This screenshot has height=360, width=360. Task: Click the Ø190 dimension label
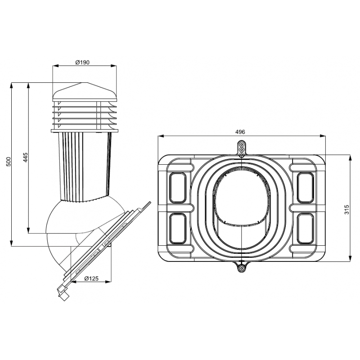tap(82, 62)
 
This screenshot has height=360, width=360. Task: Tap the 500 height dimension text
tap(8, 162)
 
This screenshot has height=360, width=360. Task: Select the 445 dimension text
tap(25, 157)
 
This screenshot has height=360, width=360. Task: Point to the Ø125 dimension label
tap(91, 279)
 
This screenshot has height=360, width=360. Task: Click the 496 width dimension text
tap(240, 132)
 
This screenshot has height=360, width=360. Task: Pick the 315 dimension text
tap(346, 209)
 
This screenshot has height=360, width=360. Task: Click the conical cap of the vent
tap(85, 92)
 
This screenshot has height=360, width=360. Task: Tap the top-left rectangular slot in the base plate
tap(177, 188)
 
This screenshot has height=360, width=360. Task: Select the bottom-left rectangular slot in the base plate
tap(177, 229)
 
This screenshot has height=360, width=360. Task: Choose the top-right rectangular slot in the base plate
tap(306, 188)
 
